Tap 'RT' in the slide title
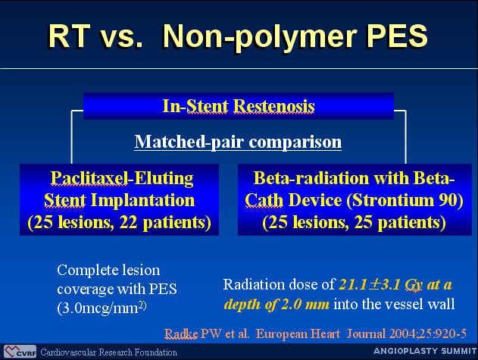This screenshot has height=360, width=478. [x=70, y=36]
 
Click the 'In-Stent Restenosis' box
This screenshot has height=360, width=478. [x=239, y=106]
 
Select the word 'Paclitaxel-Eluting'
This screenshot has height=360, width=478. [x=122, y=178]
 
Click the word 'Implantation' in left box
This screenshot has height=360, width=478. [x=142, y=201]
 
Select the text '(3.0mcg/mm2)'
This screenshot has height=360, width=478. [x=102, y=308]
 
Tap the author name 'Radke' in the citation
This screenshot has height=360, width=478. [x=181, y=333]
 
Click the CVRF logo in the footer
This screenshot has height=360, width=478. [x=20, y=352]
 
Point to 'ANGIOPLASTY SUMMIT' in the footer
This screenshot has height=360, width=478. [x=425, y=351]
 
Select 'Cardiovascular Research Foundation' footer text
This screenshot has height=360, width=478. [x=109, y=352]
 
